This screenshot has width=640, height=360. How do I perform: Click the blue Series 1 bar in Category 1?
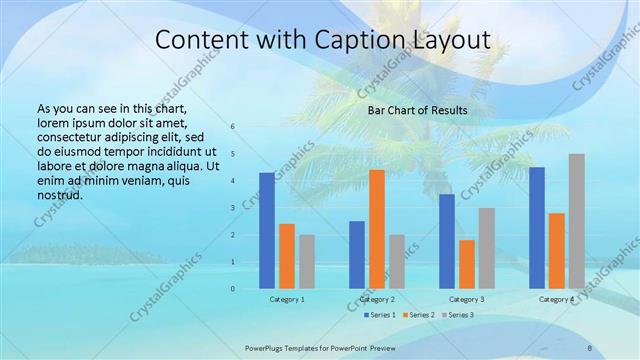266,231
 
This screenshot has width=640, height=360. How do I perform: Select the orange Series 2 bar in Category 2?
376,229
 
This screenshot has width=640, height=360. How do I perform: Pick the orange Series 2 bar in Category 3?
466,264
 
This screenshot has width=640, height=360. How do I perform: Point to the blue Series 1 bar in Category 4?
537,228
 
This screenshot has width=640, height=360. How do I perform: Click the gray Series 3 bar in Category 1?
306,262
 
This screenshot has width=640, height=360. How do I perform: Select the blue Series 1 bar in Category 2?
357,255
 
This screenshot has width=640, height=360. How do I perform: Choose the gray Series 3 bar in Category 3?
486,248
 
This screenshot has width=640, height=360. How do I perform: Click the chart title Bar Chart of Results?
418,109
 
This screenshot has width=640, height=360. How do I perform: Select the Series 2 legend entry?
418,315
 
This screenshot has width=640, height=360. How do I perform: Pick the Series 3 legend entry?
459,315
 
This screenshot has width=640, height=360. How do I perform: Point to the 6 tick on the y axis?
232,127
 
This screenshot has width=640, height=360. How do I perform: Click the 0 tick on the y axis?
232,289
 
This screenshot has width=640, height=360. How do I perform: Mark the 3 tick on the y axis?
232,208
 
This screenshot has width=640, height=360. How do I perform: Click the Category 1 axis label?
287,299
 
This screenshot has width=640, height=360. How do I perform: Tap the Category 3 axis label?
467,299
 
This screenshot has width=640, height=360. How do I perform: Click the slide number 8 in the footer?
590,347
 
